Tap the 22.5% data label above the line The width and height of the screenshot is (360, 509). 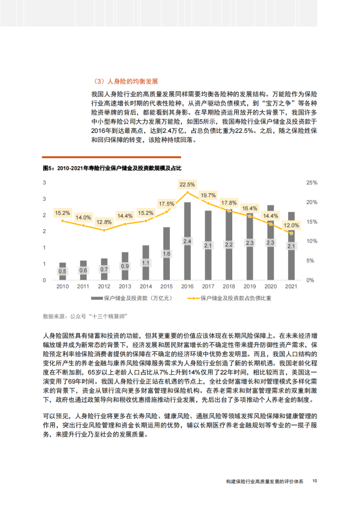tap(187, 185)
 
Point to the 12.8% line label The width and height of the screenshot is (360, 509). tap(104, 222)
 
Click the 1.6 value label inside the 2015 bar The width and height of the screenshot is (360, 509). tap(166, 253)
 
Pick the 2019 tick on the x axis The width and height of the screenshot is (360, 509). tap(249, 286)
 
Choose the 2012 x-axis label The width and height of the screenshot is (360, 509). tap(104, 286)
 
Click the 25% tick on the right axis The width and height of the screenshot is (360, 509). tap(312, 183)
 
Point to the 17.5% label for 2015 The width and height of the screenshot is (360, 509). tap(166, 204)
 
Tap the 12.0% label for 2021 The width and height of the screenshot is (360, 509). tap(291, 225)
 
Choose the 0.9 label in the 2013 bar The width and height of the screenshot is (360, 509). tap(125, 266)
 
